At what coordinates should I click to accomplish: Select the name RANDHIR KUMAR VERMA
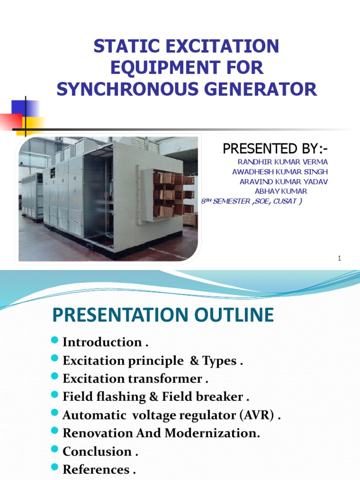coord(283,162)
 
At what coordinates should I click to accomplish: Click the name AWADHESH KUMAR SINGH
coord(280,172)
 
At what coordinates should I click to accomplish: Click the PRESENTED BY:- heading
coord(275,149)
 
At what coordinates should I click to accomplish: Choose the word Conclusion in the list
coord(97,452)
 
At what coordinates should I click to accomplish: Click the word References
coord(96,470)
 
